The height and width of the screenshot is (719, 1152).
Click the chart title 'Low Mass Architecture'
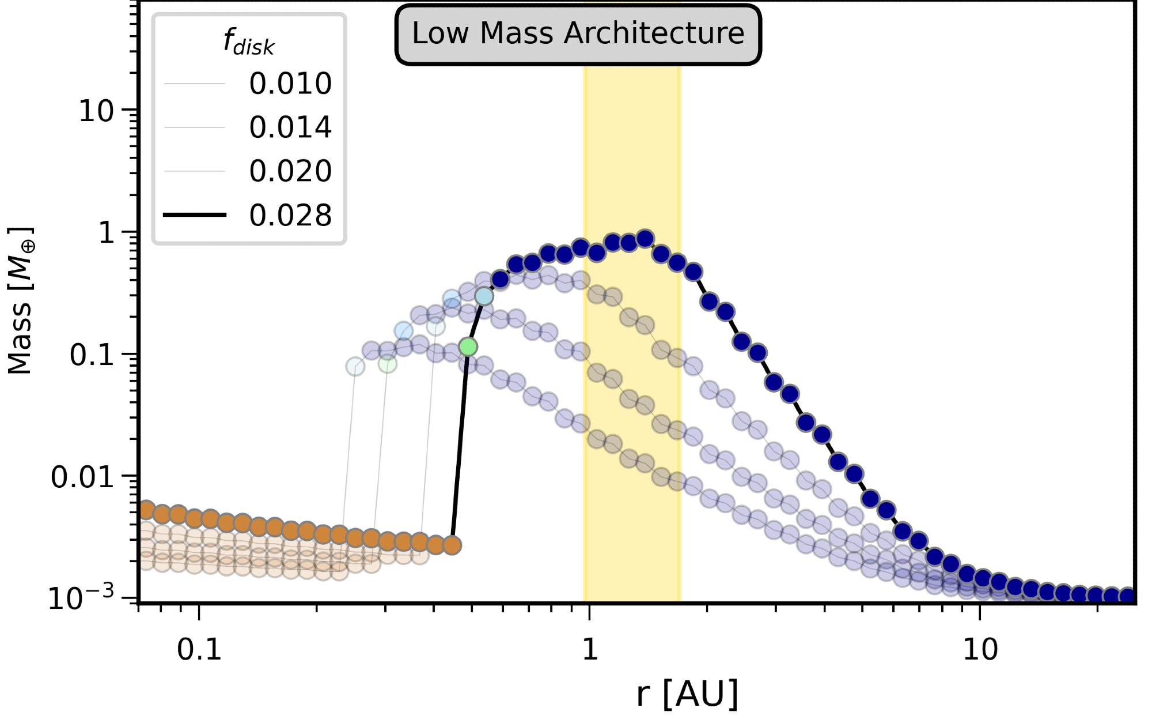578,33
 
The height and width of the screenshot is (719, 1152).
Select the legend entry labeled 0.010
290,84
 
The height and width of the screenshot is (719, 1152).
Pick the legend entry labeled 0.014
290,127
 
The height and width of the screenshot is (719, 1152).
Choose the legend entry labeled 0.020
290,171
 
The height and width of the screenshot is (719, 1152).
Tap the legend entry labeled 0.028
290,216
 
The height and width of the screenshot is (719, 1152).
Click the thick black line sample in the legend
195,215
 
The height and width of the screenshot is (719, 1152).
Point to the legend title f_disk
249,43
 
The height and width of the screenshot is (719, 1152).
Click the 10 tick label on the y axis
96,111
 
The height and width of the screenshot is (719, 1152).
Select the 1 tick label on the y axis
107,233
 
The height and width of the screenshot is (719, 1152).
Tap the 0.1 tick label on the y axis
92,355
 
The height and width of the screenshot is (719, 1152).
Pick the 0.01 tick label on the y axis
82,477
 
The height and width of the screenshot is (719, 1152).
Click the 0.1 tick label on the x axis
199,650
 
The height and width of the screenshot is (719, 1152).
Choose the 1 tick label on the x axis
589,650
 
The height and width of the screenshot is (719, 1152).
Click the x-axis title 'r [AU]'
687,694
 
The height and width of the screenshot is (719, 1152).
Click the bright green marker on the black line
468,347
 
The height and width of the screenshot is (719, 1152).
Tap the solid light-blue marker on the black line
484,296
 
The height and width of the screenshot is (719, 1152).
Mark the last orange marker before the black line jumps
452,545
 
